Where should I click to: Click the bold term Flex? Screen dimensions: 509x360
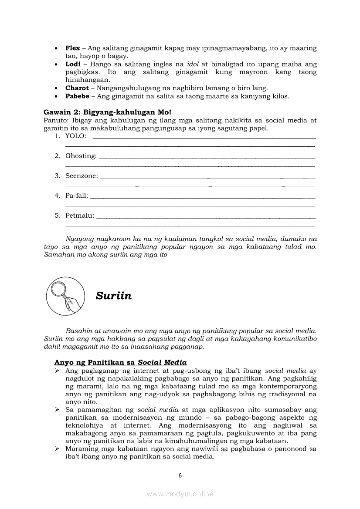click(73, 48)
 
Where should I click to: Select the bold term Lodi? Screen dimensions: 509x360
click(73, 64)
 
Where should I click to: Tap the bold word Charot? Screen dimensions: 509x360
click(77, 88)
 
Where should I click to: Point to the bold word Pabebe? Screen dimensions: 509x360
click(77, 96)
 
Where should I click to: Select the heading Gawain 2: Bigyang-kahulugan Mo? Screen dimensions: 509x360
click(108, 112)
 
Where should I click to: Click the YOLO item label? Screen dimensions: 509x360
click(76, 136)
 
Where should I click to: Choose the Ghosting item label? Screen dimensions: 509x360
click(81, 156)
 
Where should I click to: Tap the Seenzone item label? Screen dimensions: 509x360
click(82, 176)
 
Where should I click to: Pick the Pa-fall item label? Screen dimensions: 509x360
click(77, 196)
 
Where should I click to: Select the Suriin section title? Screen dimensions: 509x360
click(113, 296)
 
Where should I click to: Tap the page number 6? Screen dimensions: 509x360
click(180, 475)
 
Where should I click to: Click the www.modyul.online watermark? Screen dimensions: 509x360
click(180, 494)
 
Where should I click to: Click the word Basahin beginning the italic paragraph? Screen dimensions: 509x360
click(78, 331)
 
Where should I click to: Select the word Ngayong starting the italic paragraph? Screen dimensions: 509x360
click(79, 239)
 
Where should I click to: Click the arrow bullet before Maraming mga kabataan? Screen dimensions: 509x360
click(57, 449)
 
